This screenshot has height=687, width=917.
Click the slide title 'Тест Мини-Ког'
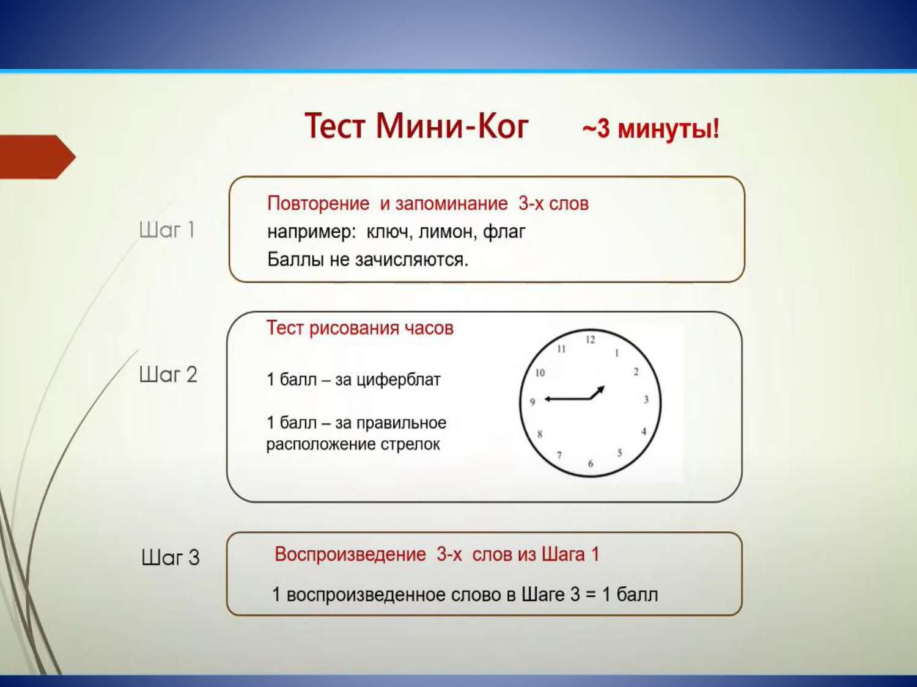(x=416, y=126)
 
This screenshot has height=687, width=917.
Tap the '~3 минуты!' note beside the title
(x=651, y=128)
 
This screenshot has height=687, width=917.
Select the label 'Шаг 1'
(x=167, y=230)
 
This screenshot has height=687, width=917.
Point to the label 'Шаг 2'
(x=168, y=374)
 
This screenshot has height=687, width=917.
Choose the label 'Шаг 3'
(x=171, y=558)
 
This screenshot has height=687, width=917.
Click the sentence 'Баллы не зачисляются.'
(x=367, y=260)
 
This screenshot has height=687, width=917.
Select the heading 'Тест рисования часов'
(x=360, y=328)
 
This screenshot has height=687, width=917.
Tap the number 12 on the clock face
(x=590, y=340)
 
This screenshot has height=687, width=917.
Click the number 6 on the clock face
(x=591, y=463)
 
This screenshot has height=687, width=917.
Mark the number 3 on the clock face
(x=646, y=399)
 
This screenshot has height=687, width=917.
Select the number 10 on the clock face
(x=540, y=373)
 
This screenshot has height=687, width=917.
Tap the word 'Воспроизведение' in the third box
(x=350, y=554)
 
